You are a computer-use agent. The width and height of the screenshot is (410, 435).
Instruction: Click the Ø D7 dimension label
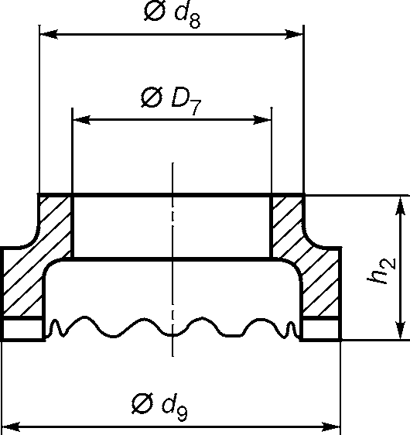[x=171, y=101]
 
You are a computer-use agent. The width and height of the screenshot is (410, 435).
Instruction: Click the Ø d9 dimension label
[x=159, y=406]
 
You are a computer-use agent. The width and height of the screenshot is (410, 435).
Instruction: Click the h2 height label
[x=381, y=271]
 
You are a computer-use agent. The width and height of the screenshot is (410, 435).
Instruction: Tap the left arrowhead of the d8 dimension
[x=49, y=34]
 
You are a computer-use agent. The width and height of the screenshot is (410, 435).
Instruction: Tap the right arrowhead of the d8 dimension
[x=294, y=34]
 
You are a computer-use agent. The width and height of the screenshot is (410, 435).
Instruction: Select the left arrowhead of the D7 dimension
[x=81, y=120]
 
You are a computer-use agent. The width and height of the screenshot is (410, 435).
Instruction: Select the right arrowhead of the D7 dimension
[x=261, y=120]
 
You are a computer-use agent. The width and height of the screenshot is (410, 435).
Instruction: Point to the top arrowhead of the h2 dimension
[x=400, y=206]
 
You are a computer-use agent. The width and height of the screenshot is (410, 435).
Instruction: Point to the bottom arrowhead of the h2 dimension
[x=400, y=330]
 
